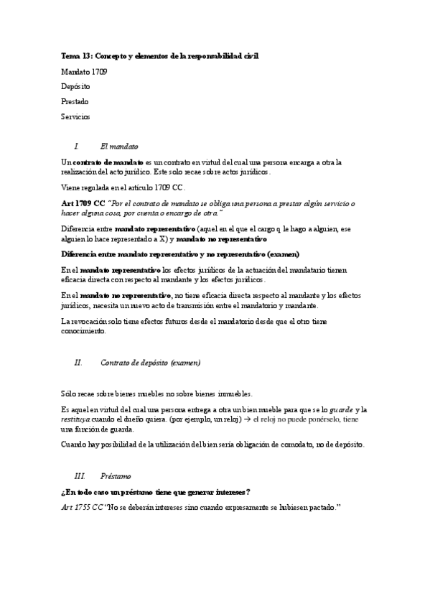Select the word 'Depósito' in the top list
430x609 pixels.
(x=75, y=86)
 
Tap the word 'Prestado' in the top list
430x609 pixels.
(x=75, y=101)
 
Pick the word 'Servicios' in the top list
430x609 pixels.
(x=76, y=116)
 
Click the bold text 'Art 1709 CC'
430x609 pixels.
(x=83, y=204)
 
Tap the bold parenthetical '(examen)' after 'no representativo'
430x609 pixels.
(x=280, y=254)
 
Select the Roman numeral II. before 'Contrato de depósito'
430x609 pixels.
(x=79, y=363)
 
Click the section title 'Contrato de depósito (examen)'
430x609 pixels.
(x=151, y=363)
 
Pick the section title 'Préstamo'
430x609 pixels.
(x=116, y=476)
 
